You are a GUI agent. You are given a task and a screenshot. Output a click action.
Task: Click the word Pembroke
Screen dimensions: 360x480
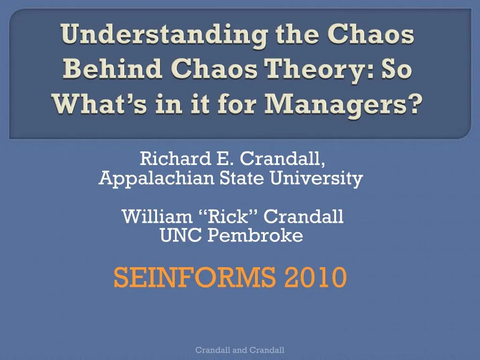tap(255, 236)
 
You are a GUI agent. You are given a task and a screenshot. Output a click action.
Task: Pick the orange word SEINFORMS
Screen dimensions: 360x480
tap(194, 277)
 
